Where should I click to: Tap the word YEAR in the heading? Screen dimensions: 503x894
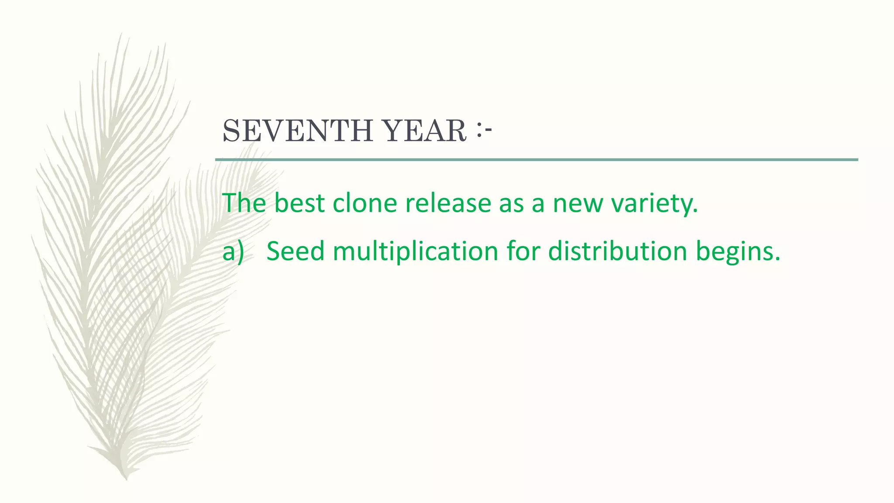[x=424, y=131]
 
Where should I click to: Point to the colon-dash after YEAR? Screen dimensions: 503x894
[x=484, y=130]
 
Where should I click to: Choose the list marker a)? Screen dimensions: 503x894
[x=233, y=252]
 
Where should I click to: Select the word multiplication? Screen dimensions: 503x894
[x=415, y=252]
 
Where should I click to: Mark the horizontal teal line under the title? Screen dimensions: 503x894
[x=536, y=160]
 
